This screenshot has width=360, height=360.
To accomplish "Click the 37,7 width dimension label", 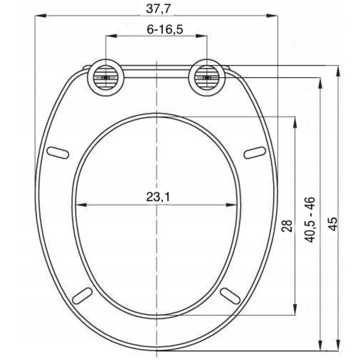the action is tap(158, 9).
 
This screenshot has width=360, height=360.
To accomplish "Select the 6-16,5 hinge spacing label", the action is tap(165, 29).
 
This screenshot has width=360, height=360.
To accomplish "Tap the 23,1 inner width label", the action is tap(158, 197).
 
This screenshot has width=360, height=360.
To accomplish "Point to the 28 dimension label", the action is tap(287, 226).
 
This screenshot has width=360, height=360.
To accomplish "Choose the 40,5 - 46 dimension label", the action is tap(310, 220).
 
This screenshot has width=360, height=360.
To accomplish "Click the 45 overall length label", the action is tap(333, 223).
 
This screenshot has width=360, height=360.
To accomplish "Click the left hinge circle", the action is tap(105, 78).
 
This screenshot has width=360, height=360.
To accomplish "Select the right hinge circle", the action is tap(207, 78).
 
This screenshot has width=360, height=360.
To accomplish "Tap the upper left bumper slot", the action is tap(58, 152).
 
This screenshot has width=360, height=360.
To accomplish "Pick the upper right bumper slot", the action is tap(255, 153).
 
